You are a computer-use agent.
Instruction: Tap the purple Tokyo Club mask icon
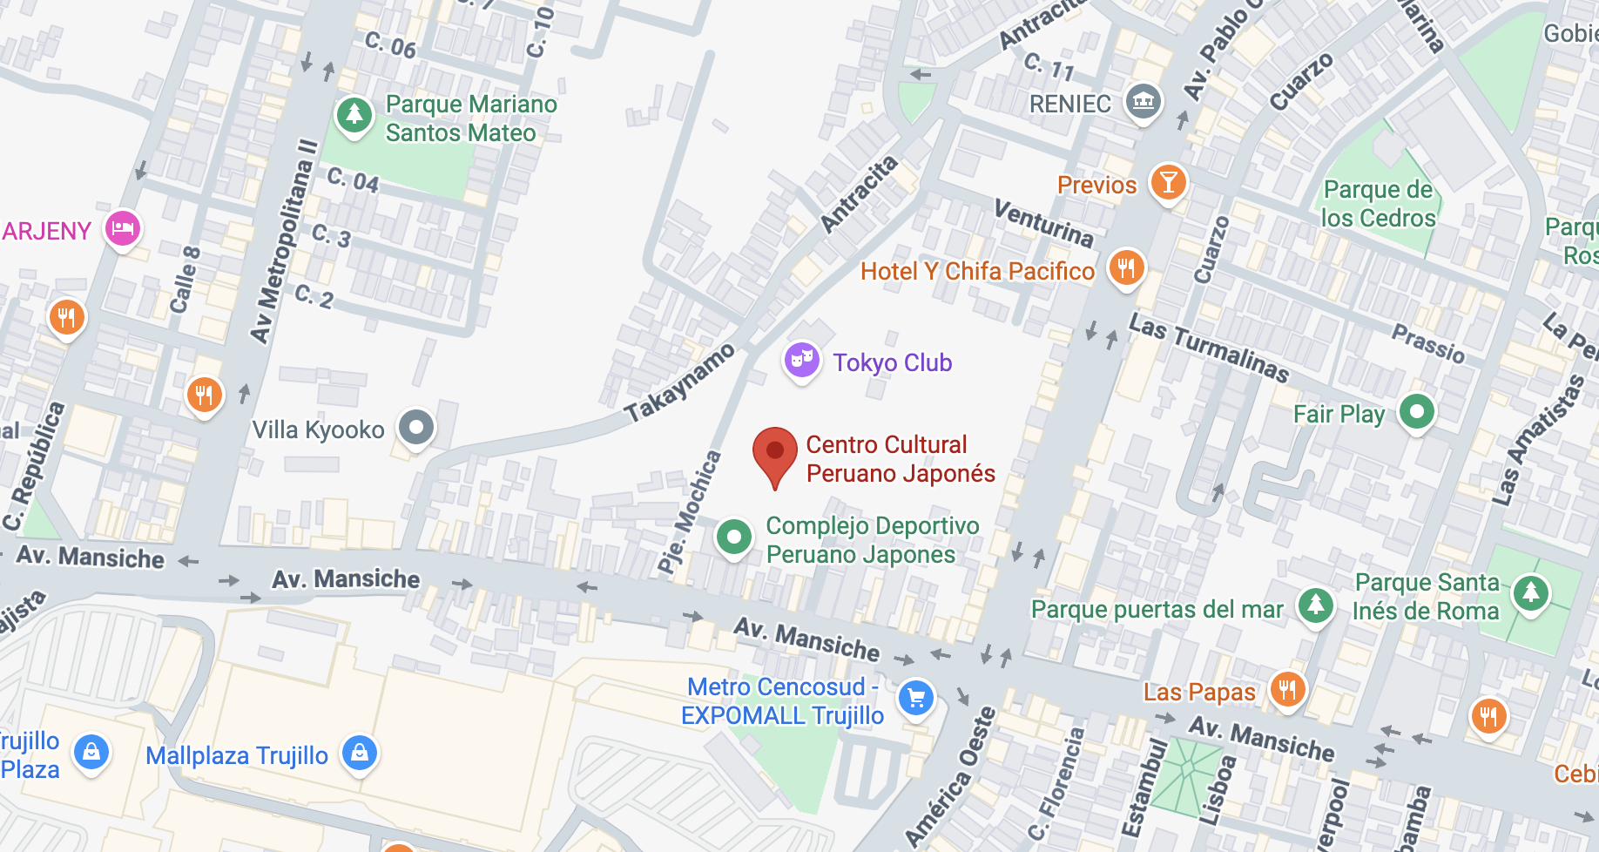click(x=801, y=360)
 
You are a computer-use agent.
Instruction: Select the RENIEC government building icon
click(x=1143, y=102)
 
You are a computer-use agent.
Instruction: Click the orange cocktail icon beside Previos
click(x=1168, y=183)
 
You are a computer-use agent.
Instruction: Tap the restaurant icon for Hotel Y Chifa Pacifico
click(x=1126, y=267)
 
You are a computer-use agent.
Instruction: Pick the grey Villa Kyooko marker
click(x=416, y=428)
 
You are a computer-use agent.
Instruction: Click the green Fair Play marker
click(x=1416, y=411)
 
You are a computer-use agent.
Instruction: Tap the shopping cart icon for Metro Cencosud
click(x=915, y=698)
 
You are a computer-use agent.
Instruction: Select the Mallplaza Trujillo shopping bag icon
click(x=360, y=753)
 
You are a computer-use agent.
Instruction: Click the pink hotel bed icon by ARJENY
click(x=123, y=229)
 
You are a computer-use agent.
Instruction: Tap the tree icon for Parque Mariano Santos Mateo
click(x=354, y=114)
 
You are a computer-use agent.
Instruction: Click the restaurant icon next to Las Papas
click(x=1287, y=690)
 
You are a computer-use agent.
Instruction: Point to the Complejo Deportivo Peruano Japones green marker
click(x=734, y=538)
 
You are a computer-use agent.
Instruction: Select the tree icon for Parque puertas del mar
click(x=1315, y=605)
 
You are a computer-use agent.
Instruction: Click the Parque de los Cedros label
click(x=1378, y=204)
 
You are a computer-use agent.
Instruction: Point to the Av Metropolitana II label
click(x=283, y=240)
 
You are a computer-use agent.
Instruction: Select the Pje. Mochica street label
click(x=690, y=512)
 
